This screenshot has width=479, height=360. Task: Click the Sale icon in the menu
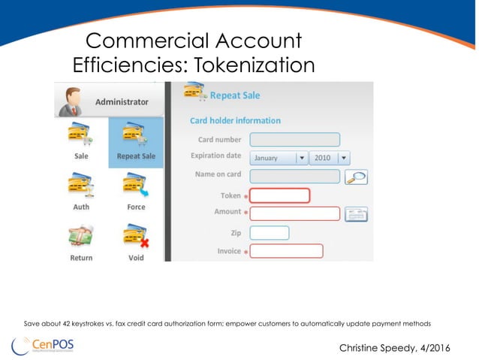pos(81,135)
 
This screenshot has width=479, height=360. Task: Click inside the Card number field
pos(294,139)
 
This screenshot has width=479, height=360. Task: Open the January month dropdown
pos(279,158)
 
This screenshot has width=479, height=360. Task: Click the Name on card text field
pos(294,176)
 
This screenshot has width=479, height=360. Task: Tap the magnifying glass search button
pos(355,177)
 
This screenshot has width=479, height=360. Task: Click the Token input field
pos(279,195)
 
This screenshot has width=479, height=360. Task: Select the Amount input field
pos(294,213)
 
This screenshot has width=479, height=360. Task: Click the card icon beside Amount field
pos(355,214)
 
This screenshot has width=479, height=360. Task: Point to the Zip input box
pos(269,233)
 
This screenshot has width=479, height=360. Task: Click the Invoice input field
pos(286,251)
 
